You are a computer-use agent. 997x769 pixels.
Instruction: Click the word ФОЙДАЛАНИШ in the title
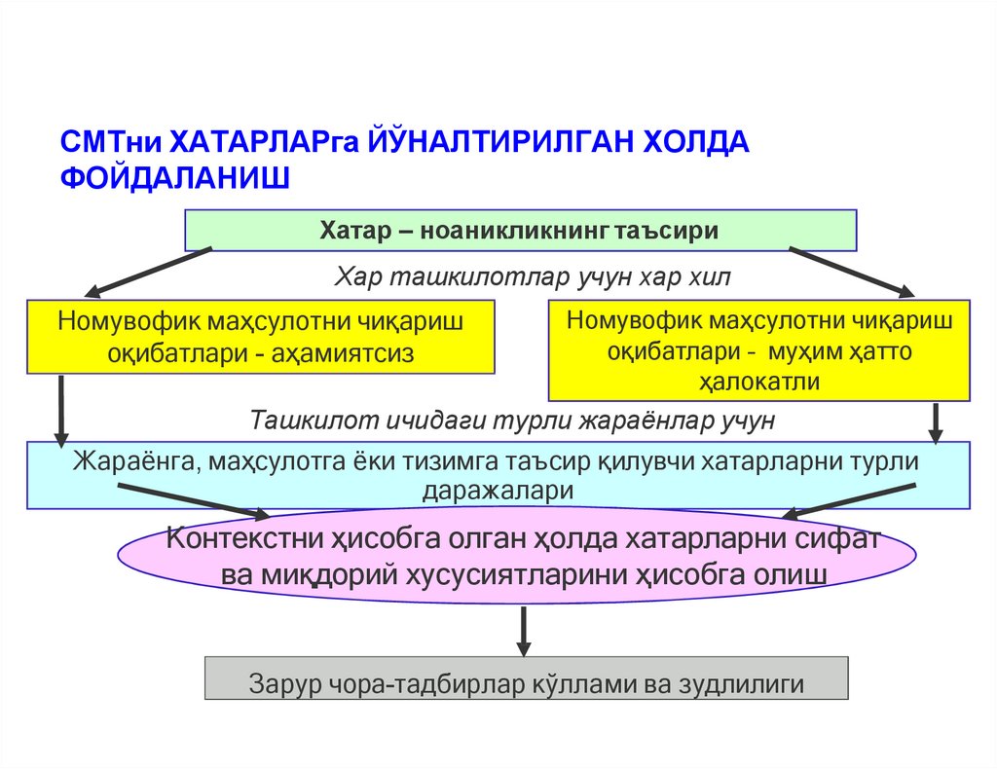click(x=175, y=178)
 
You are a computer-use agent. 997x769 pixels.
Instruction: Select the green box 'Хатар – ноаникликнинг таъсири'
click(x=521, y=231)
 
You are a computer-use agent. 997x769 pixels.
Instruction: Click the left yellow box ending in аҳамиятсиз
click(x=261, y=337)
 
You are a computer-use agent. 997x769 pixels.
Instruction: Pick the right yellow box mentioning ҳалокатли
click(x=759, y=350)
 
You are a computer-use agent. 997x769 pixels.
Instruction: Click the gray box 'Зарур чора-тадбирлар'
click(x=526, y=678)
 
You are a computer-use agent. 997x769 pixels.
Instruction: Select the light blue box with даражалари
click(x=498, y=475)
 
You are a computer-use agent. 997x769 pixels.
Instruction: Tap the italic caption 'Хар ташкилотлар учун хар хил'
click(x=534, y=277)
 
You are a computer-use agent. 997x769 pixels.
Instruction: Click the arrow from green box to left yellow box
click(x=151, y=271)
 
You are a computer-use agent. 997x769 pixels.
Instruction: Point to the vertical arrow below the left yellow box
click(x=61, y=409)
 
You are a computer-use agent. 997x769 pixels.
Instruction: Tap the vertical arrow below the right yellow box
click(x=937, y=421)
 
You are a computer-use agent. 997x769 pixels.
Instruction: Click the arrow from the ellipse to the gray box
click(x=523, y=630)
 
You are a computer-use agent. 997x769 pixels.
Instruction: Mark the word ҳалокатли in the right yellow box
click(x=759, y=381)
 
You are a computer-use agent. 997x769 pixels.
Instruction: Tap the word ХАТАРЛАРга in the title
click(x=266, y=141)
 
